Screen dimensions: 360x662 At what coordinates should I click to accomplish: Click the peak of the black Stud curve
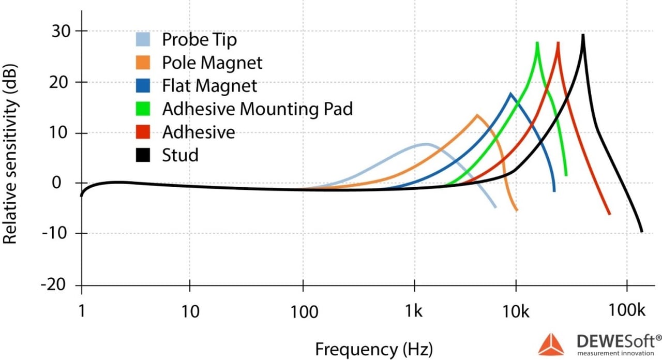point(583,35)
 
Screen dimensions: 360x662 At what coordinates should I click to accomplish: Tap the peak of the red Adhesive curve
point(558,43)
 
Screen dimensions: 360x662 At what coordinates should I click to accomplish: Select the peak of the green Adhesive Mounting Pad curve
point(537,43)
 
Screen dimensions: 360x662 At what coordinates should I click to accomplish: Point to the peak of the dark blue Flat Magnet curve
point(511,94)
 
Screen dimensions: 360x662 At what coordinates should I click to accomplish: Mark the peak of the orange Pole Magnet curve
point(477,115)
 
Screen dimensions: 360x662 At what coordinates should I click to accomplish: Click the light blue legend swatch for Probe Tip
point(143,40)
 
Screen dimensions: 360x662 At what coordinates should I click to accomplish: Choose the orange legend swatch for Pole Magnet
point(143,63)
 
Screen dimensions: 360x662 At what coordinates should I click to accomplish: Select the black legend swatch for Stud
point(143,155)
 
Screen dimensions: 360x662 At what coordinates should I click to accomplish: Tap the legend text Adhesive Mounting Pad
point(257,109)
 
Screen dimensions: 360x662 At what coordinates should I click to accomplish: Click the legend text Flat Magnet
point(209,85)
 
